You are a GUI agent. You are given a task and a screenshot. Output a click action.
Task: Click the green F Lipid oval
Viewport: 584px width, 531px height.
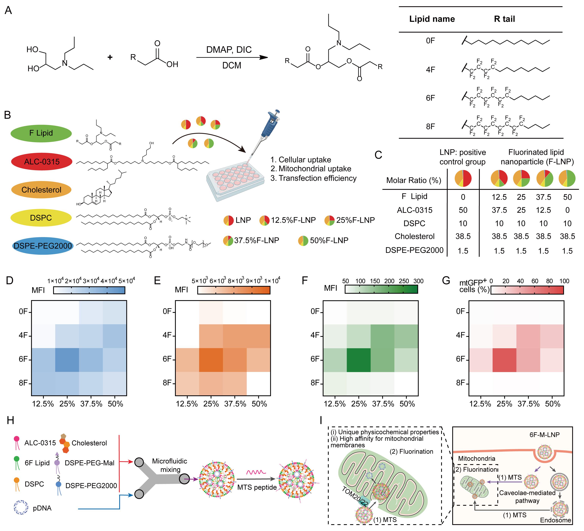41,133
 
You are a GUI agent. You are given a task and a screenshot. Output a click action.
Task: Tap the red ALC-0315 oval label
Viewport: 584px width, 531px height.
42,162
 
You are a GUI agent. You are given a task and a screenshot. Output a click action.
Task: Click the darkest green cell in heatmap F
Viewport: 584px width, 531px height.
359,360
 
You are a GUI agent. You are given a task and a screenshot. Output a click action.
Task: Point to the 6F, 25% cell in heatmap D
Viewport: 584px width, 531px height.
67,360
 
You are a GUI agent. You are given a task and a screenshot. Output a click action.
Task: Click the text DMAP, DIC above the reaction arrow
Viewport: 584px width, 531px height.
229,50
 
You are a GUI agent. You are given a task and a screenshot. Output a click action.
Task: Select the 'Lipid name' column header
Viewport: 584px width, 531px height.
432,19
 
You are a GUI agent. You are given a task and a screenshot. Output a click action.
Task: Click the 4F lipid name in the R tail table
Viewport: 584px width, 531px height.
431,69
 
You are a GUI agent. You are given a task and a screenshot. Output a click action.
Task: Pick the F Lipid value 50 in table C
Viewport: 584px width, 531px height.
567,197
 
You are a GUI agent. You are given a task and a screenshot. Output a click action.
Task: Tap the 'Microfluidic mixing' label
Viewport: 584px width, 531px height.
170,465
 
